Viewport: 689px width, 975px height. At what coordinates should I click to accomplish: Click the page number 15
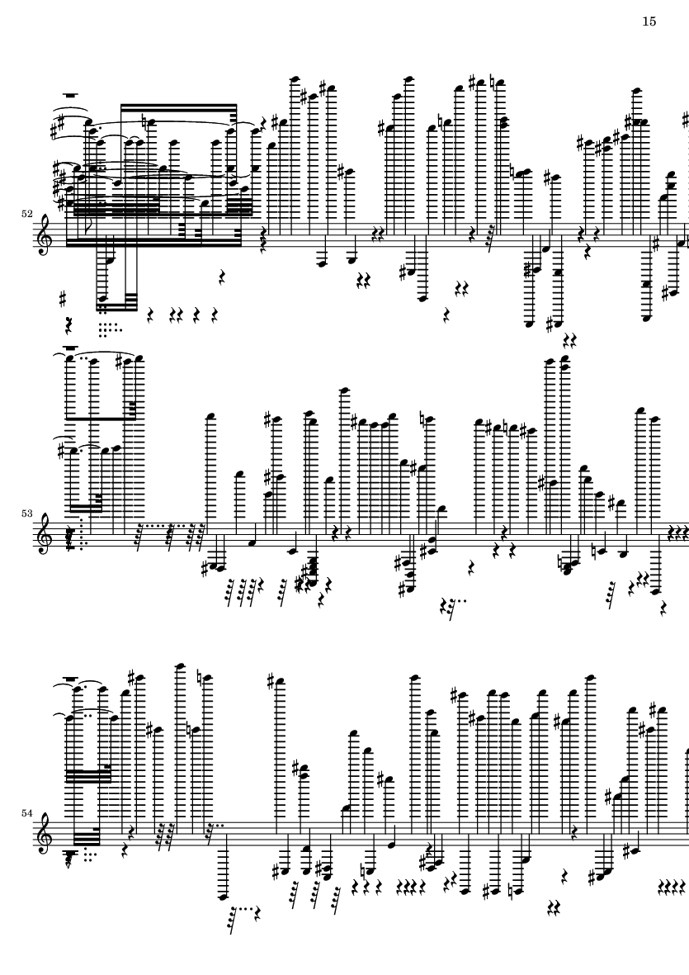(649, 21)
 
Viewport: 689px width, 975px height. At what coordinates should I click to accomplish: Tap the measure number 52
(26, 213)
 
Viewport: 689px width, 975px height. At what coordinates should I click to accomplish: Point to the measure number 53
(26, 514)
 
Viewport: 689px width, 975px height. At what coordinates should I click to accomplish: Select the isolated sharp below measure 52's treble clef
(63, 300)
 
